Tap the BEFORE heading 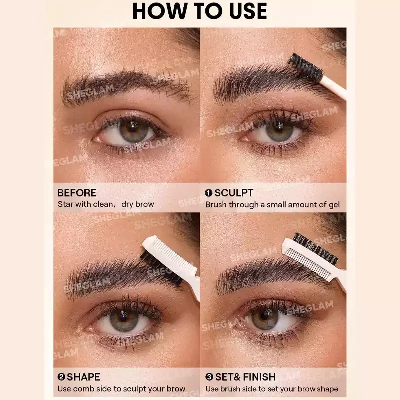click(x=77, y=193)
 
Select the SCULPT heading click(x=234, y=193)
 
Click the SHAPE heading click(x=83, y=377)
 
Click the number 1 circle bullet click(x=208, y=193)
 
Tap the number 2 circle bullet click(x=61, y=377)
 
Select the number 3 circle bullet click(x=209, y=377)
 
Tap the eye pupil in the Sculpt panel click(x=279, y=128)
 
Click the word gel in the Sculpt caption click(x=334, y=205)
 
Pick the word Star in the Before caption click(x=66, y=204)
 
